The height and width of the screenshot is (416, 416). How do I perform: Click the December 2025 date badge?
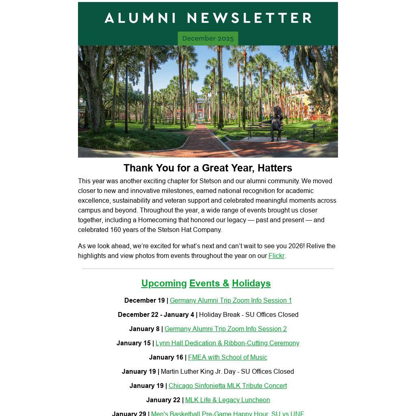click(x=208, y=39)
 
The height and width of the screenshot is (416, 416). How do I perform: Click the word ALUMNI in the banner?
click(x=141, y=18)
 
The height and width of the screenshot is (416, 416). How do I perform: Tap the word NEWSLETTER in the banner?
click(x=249, y=18)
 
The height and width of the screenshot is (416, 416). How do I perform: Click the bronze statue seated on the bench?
click(x=277, y=123)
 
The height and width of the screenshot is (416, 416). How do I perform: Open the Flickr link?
click(x=276, y=256)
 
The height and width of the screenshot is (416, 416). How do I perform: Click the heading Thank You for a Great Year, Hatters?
click(x=208, y=168)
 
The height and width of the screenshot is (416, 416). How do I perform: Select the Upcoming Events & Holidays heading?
click(x=206, y=284)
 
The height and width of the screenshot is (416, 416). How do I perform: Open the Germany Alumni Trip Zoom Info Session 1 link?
click(x=231, y=301)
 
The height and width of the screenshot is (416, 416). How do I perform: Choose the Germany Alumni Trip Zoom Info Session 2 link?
click(x=225, y=329)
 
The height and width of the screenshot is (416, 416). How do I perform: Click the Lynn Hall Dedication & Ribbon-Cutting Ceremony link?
click(x=227, y=343)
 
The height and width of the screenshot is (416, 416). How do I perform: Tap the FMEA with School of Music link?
click(x=227, y=357)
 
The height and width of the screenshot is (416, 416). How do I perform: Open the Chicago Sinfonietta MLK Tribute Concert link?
click(x=227, y=386)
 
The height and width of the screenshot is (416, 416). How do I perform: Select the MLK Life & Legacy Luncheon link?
click(x=227, y=400)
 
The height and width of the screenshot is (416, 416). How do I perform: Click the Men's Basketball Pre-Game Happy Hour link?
click(x=227, y=413)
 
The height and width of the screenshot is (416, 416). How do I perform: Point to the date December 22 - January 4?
click(x=156, y=315)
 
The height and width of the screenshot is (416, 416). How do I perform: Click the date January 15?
click(x=134, y=343)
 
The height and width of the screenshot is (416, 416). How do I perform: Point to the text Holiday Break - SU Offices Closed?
click(x=249, y=315)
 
